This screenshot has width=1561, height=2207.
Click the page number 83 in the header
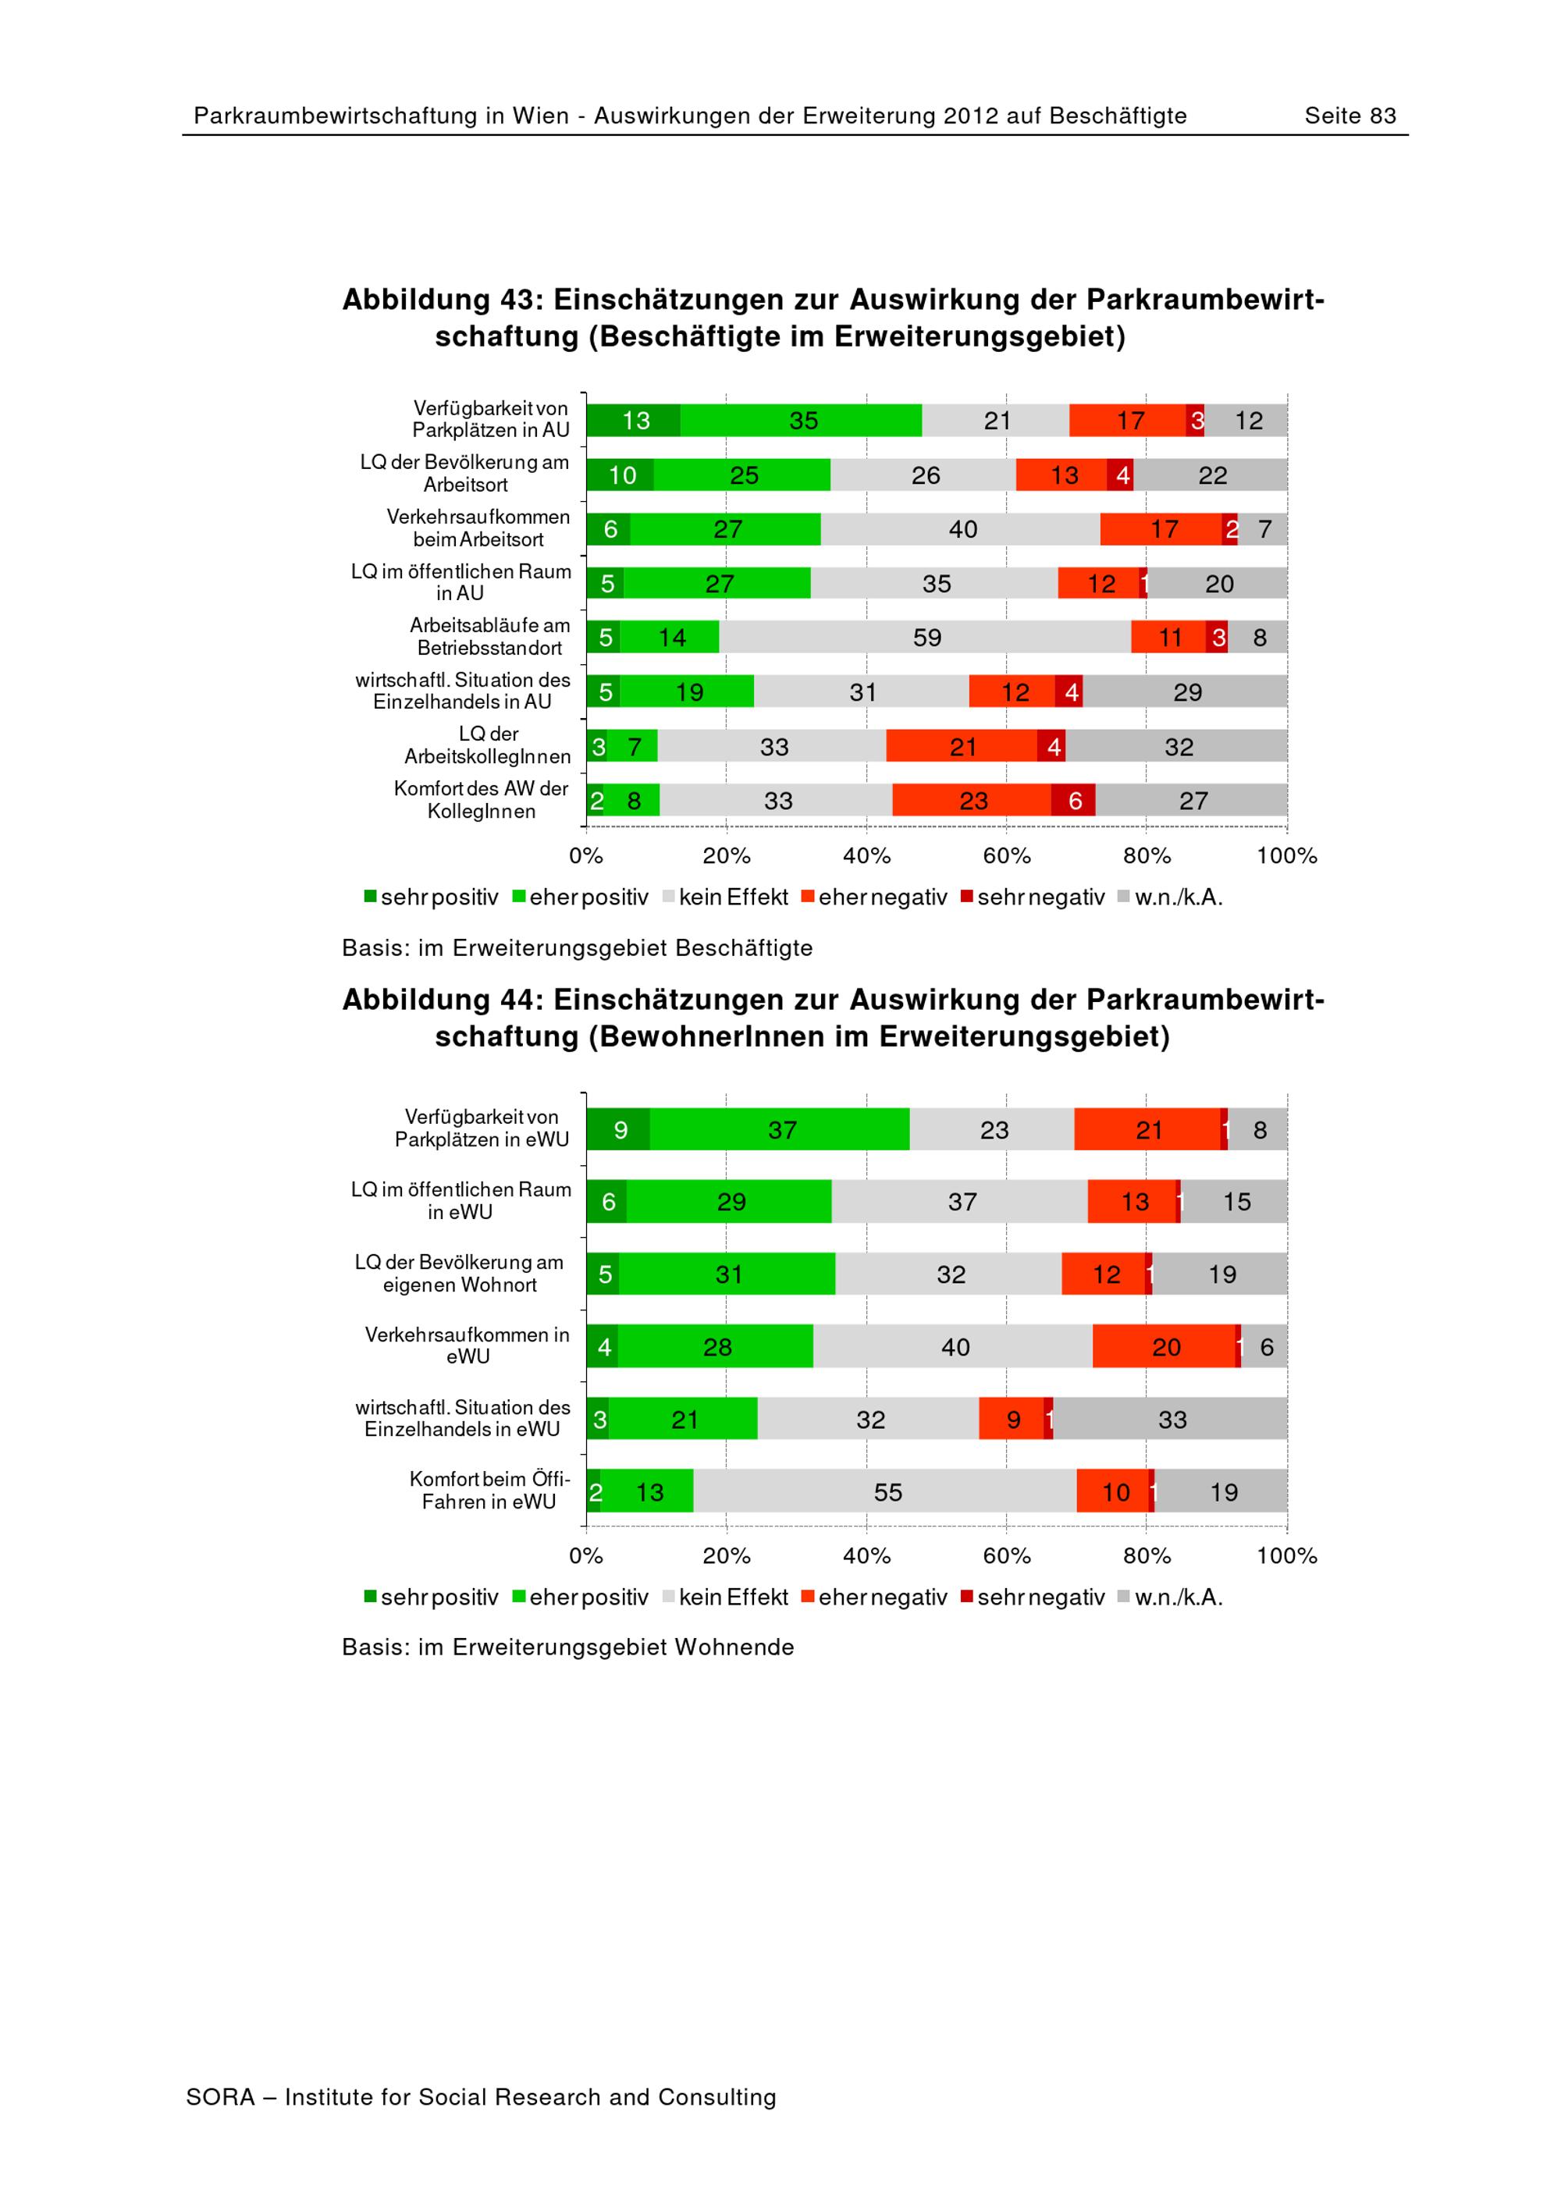click(x=1382, y=116)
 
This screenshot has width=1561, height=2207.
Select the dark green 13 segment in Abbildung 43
click(x=635, y=421)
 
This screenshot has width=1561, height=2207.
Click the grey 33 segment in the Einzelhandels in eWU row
click(x=1171, y=1420)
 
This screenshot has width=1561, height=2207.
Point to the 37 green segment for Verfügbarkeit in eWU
click(x=780, y=1130)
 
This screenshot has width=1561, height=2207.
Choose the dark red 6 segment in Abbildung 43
click(x=1074, y=801)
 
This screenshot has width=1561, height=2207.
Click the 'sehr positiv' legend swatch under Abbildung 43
click(x=370, y=897)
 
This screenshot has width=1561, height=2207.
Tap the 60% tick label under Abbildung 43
click(x=1006, y=855)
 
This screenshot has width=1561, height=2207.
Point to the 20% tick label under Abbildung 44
click(x=726, y=1555)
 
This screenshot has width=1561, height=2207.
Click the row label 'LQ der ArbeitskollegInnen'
click(x=487, y=746)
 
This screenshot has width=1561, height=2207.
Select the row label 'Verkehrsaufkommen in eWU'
click(x=468, y=1345)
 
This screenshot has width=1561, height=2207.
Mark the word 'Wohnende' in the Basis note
click(x=734, y=1647)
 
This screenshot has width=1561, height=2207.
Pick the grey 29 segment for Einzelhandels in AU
click(x=1186, y=692)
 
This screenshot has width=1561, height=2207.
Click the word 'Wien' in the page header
click(x=540, y=116)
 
